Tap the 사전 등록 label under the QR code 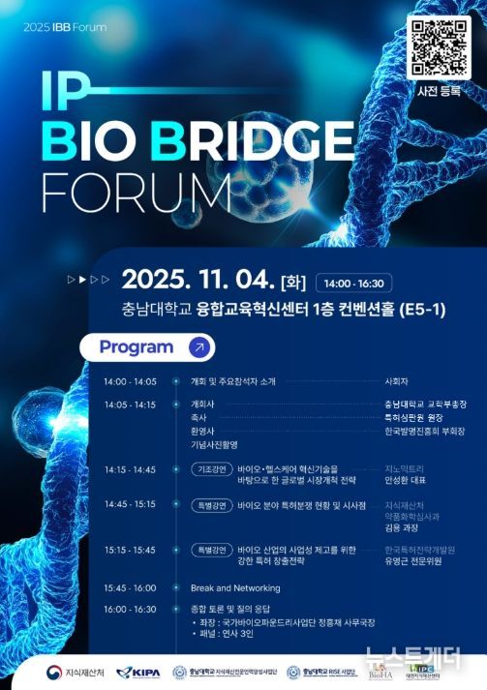pyautogui.click(x=437, y=91)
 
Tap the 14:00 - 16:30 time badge pyautogui.click(x=352, y=284)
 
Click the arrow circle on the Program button pyautogui.click(x=198, y=346)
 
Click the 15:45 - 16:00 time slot pyautogui.click(x=130, y=587)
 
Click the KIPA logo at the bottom pyautogui.click(x=138, y=672)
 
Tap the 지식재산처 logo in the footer pyautogui.click(x=64, y=672)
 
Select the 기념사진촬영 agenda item pyautogui.click(x=215, y=443)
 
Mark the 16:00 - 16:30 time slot pyautogui.click(x=130, y=609)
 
